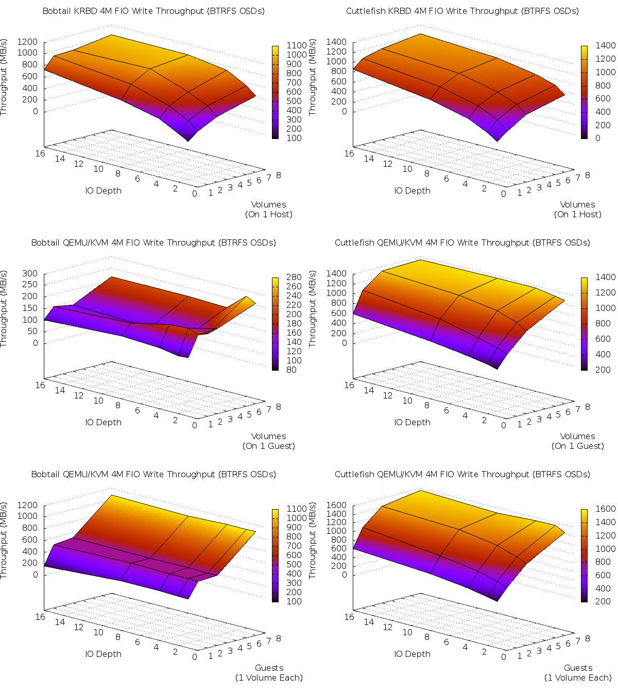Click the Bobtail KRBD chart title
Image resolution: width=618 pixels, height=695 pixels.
tap(153, 11)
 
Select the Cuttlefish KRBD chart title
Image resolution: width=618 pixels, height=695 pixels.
tap(462, 11)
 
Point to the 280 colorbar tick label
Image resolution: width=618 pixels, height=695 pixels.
tap(294, 277)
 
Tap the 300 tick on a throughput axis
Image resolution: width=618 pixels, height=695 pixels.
tap(30, 273)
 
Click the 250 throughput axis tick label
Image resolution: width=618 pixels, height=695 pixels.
tap(30, 284)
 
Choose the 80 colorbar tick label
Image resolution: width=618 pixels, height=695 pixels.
tap(291, 370)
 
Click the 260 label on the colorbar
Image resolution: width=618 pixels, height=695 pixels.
tap(294, 286)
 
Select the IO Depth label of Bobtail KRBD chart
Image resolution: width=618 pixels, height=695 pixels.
tap(103, 190)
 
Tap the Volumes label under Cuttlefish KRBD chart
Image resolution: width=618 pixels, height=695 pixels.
tap(577, 205)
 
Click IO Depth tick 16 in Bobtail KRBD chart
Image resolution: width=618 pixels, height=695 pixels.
tap(40, 153)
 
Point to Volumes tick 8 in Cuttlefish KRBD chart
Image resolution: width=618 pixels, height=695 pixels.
tap(588, 175)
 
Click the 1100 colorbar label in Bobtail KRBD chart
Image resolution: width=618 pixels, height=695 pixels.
tap(297, 45)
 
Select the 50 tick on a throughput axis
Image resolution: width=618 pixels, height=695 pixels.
tap(32, 331)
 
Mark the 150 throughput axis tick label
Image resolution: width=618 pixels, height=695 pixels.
tap(30, 308)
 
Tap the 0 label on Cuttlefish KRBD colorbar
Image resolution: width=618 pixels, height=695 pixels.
tap(597, 138)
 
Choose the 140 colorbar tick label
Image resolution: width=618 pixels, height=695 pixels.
tap(294, 342)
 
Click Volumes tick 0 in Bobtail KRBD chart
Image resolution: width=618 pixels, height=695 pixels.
tap(195, 194)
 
